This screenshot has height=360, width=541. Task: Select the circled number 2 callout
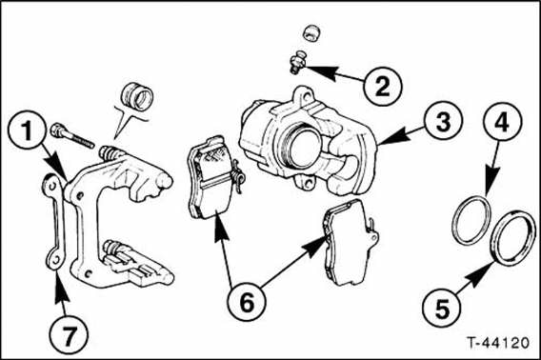pyautogui.click(x=383, y=86)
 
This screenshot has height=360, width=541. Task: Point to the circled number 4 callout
pyautogui.click(x=502, y=122)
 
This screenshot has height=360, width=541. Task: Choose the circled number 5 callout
pyautogui.click(x=442, y=308)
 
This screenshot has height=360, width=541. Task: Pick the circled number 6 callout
pyautogui.click(x=247, y=304)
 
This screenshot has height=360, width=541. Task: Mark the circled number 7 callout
pyautogui.click(x=69, y=335)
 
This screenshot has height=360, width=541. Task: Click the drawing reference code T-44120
pyautogui.click(x=498, y=343)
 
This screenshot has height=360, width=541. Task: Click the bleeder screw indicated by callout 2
pyautogui.click(x=297, y=61)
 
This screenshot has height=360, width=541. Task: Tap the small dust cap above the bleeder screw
pyautogui.click(x=311, y=33)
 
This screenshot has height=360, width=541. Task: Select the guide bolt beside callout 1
pyautogui.click(x=72, y=135)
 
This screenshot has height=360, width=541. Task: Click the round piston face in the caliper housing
pyautogui.click(x=305, y=148)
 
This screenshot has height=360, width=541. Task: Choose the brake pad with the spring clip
pyautogui.click(x=212, y=178)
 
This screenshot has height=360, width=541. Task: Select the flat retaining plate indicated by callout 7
pyautogui.click(x=54, y=222)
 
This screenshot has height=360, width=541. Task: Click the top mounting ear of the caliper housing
pyautogui.click(x=302, y=95)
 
